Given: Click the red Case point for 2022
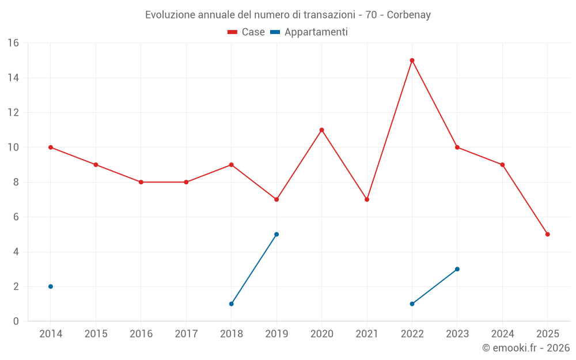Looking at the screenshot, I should click(x=412, y=60).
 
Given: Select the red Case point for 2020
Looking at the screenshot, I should click(x=321, y=130).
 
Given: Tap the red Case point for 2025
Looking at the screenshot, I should click(x=547, y=234).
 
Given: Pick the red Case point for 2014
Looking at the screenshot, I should click(x=51, y=147).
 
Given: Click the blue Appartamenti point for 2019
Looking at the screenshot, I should click(x=276, y=234).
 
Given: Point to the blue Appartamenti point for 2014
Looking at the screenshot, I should click(x=51, y=286).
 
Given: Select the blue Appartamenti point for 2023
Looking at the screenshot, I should click(x=457, y=269).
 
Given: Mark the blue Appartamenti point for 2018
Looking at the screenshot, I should click(x=232, y=304).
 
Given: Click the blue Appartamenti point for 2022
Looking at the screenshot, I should click(x=412, y=304).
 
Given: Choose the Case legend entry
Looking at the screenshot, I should click(x=247, y=32).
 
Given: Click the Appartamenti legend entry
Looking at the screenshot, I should click(x=309, y=32).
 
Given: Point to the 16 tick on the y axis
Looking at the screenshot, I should click(x=13, y=43).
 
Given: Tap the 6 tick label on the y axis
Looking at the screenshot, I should click(x=16, y=217).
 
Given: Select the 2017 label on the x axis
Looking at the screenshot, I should click(x=186, y=334).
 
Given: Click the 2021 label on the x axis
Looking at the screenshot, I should click(x=367, y=334).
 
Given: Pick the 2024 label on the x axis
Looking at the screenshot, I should click(x=502, y=334).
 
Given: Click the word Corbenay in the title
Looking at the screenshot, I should click(x=408, y=15).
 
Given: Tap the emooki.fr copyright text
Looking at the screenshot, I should click(x=526, y=348).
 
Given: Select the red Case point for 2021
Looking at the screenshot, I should click(x=367, y=199).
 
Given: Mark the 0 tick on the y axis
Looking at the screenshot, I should click(x=16, y=321).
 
